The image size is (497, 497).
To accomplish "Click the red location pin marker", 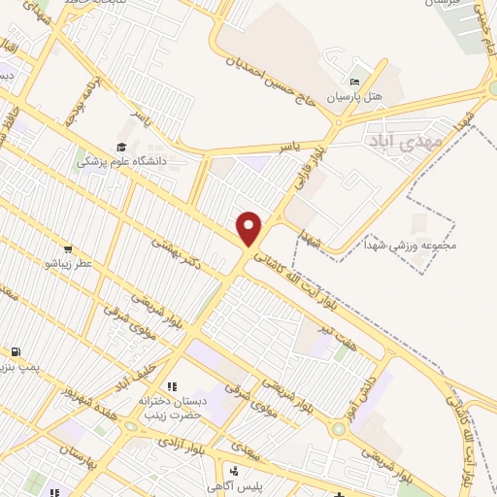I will (x=249, y=227).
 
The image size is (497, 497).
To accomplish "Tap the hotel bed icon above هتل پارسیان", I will (x=355, y=82).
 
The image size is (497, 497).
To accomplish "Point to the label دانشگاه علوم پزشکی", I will (x=122, y=161).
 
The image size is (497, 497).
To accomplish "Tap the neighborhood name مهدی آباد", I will (x=404, y=142).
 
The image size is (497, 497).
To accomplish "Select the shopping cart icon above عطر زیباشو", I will (x=68, y=248).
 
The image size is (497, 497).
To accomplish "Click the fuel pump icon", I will (x=17, y=351).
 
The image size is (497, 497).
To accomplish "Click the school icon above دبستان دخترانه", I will (x=173, y=386).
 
